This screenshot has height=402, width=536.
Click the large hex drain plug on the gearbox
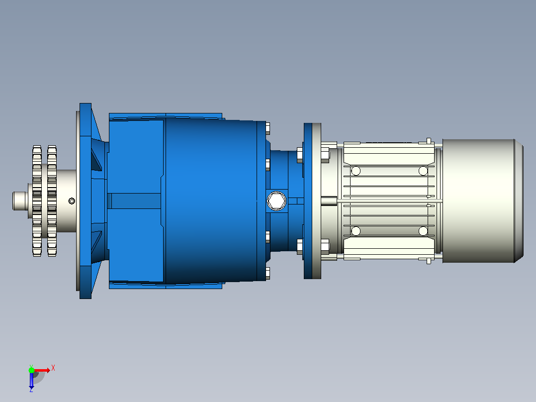[276, 201]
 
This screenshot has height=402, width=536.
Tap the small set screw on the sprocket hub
[72, 201]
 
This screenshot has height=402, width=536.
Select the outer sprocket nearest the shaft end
[37, 201]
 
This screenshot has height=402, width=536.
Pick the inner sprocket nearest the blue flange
[52, 201]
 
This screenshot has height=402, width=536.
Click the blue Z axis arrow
[31, 380]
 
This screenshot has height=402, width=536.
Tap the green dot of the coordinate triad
[31, 370]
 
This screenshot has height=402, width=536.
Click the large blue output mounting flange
[86, 201]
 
